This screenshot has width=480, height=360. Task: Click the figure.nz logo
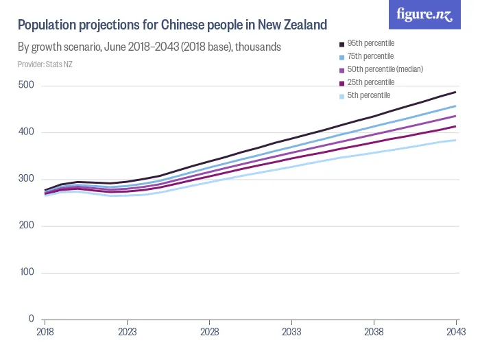point(424,15)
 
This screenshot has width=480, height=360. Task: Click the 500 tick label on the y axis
point(27,85)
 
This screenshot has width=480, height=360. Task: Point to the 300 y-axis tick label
point(27,179)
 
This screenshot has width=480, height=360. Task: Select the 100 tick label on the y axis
point(27,273)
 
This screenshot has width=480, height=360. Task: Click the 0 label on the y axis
point(32,320)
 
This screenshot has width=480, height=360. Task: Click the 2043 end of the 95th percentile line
point(456,92)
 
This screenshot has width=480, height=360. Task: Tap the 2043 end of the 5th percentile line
point(456,140)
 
